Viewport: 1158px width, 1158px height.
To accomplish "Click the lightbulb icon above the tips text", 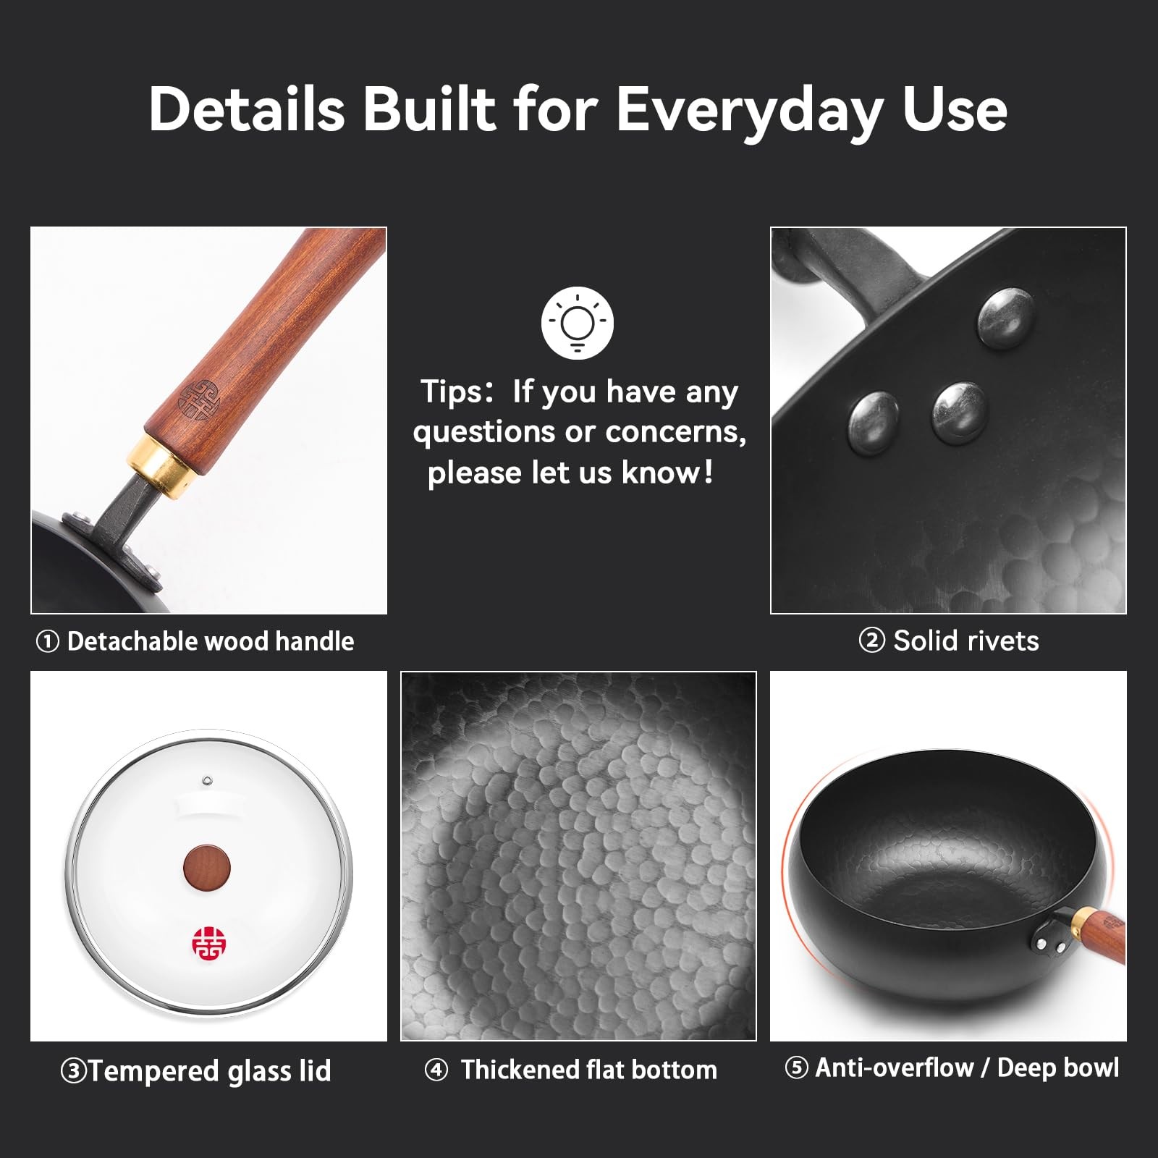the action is pos(577,323).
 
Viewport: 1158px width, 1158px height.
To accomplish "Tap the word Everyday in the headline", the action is pos(749,111).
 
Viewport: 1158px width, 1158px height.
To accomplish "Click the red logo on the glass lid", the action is pos(209,943).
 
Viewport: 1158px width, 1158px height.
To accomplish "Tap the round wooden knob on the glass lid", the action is pos(207,866).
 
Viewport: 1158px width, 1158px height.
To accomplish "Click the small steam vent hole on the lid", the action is pos(207,780).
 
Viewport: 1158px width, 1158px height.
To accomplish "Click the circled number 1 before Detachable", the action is pos(47,641).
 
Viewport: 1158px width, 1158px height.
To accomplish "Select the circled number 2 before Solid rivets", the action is pos(871,641).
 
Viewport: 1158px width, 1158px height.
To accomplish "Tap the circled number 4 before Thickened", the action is pos(436,1070).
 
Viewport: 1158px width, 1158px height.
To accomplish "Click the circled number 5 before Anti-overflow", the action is pos(796,1068).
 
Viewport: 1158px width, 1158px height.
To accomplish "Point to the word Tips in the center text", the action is pos(451,392).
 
